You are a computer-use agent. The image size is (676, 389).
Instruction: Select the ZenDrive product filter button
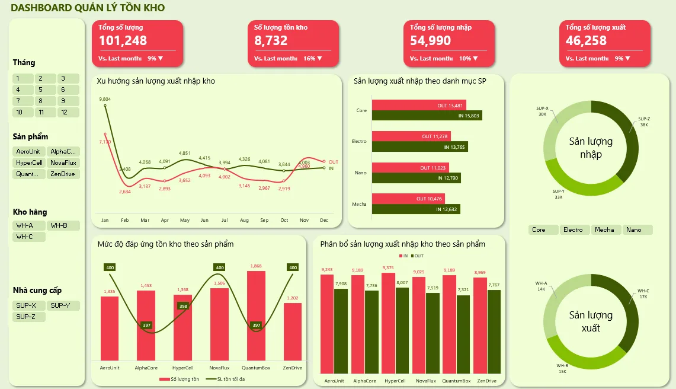(63, 174)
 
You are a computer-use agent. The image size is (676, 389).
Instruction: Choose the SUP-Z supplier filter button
(28, 317)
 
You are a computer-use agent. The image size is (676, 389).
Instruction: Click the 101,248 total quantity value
(123, 40)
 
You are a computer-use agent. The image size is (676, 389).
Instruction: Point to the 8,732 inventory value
(271, 40)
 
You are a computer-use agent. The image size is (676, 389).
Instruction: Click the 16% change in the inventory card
(309, 58)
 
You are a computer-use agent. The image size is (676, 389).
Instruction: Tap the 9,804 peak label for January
(105, 99)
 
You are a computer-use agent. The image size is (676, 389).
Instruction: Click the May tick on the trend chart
(185, 220)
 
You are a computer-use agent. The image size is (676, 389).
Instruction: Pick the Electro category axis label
(359, 142)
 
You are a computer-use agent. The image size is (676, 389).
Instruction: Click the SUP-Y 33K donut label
(558, 194)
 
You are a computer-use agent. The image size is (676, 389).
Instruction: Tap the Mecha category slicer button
(605, 229)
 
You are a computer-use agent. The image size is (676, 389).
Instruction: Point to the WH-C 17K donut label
(643, 294)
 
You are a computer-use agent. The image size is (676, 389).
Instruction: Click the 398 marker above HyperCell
(183, 306)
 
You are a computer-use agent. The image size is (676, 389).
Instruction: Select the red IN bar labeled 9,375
(388, 323)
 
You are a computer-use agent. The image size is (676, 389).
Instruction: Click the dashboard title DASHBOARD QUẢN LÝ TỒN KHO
(88, 8)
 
